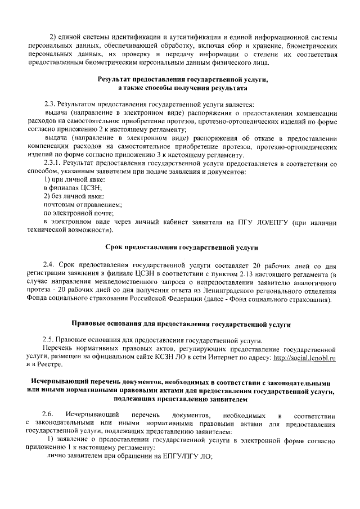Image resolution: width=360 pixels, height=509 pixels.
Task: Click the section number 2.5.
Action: [50, 341]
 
